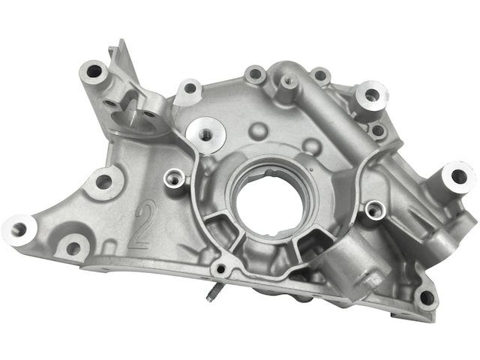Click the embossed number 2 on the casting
pos(143,223)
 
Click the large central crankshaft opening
pos(270,202)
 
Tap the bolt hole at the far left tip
pos(18,229)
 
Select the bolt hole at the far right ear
pos(459,177)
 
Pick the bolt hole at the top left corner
pos(94,71)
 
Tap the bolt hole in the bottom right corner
pos(427,298)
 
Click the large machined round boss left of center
pos(205,135)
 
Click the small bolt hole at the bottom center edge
pos(220,269)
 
